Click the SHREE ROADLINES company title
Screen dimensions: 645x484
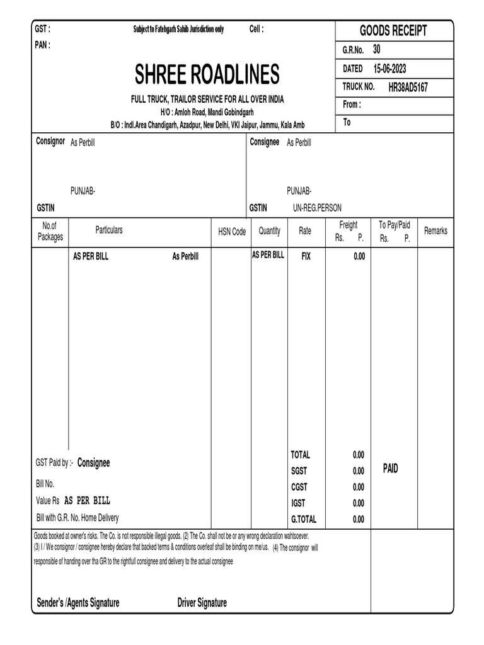207,75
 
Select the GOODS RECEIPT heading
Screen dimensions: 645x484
393,30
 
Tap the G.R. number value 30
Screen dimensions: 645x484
376,49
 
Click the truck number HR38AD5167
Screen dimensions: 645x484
408,88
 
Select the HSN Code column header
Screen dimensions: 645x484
232,232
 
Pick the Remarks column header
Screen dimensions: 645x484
435,231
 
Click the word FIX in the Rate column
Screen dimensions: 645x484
306,256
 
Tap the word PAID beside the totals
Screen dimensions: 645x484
391,469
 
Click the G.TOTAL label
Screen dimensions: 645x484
303,520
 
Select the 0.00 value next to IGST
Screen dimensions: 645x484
358,503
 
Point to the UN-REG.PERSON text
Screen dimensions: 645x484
317,208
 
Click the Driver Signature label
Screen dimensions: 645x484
202,603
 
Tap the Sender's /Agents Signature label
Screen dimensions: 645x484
78,603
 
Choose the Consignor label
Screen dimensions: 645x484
50,142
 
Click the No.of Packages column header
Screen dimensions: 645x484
50,231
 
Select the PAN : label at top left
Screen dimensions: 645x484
42,45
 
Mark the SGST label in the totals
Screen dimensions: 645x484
299,471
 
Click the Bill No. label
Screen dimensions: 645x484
45,484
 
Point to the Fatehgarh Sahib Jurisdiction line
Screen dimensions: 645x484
178,30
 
